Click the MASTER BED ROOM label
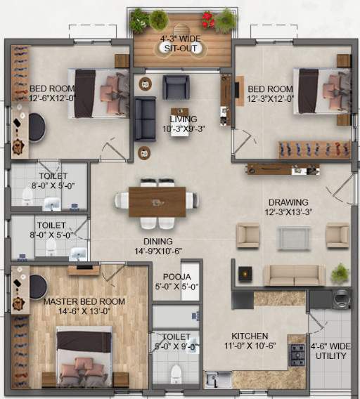click(84, 301)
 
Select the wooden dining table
click(157, 201)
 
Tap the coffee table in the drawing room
click(292, 238)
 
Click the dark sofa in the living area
click(145, 119)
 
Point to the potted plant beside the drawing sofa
click(340, 272)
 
